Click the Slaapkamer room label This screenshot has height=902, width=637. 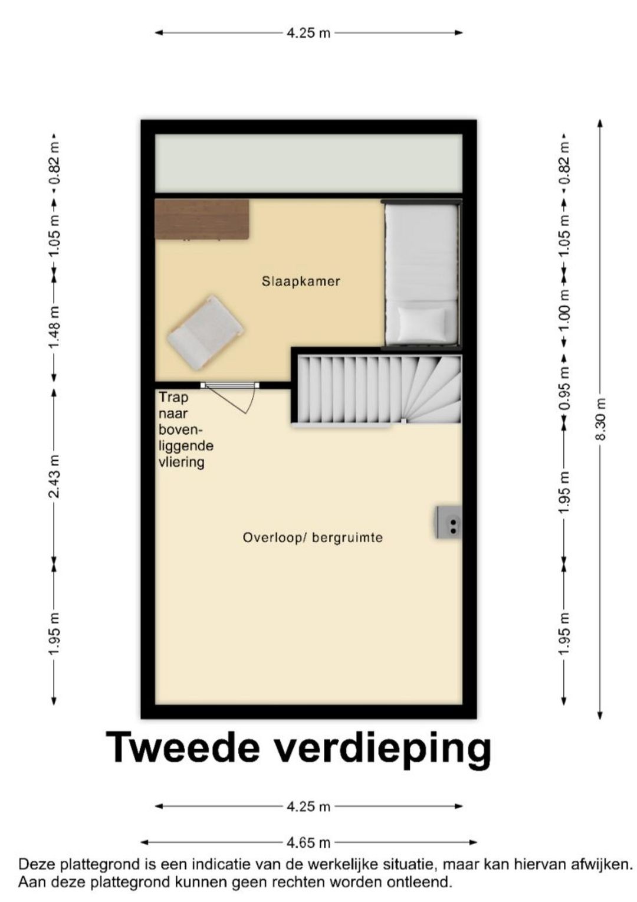tap(301, 281)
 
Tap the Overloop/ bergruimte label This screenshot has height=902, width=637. tap(313, 537)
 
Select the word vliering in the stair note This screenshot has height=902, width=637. tap(182, 462)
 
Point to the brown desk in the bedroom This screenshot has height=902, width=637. tap(202, 219)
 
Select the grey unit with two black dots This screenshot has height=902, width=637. tap(448, 522)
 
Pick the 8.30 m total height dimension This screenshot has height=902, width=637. tap(600, 419)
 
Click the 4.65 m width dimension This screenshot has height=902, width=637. tap(308, 842)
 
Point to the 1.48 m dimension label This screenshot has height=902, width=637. tap(54, 327)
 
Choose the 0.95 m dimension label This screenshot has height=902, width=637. tap(564, 389)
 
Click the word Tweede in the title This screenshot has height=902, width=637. tap(183, 747)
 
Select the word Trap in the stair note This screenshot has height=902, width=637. tap(173, 397)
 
